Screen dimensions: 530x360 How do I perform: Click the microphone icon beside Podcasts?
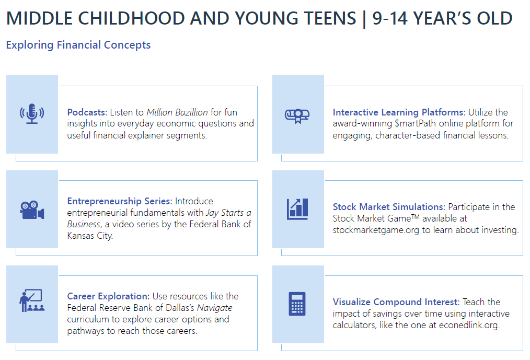tap(32, 113)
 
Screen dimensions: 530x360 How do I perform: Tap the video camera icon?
tap(32, 210)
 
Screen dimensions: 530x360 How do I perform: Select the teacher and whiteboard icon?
tap(32, 300)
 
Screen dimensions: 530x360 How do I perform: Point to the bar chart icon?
tap(297, 209)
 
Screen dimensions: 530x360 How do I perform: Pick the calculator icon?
tap(297, 304)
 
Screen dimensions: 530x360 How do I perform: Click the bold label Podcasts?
tap(87, 112)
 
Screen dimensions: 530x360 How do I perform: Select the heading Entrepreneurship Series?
tap(120, 201)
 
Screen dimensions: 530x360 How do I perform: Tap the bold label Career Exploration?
tap(108, 296)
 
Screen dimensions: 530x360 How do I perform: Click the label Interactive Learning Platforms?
tap(399, 112)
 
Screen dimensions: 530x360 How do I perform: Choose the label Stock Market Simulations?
tap(389, 207)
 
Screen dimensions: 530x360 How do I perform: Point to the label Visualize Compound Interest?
tap(396, 302)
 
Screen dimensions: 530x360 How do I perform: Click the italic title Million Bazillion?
tap(177, 112)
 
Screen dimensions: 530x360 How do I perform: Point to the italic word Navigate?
tap(215, 308)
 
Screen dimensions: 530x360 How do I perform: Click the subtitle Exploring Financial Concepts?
tap(78, 45)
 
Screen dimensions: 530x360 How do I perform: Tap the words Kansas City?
tap(89, 236)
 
